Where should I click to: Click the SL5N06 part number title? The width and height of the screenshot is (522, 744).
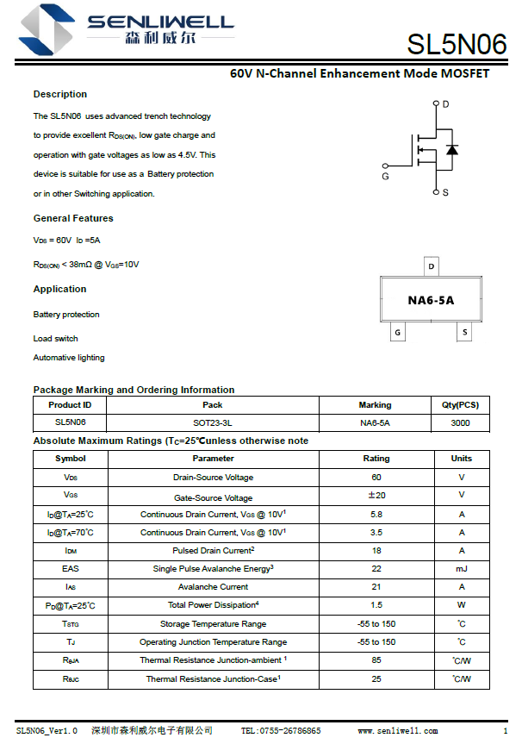click(456, 44)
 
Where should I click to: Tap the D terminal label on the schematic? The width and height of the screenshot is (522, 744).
click(445, 104)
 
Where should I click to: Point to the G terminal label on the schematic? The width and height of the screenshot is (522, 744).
click(385, 176)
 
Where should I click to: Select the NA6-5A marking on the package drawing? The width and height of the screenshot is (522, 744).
click(431, 300)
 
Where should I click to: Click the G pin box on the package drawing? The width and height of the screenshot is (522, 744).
click(397, 332)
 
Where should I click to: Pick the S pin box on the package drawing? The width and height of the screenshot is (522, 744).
click(465, 332)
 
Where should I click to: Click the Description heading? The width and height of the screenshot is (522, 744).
click(60, 94)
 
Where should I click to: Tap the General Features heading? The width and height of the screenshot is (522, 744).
click(73, 218)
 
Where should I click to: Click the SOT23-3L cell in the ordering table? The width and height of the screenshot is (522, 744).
click(212, 422)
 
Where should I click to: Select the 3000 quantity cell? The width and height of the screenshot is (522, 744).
click(460, 422)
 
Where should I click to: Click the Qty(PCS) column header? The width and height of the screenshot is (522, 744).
click(460, 404)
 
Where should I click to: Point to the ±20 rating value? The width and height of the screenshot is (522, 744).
click(376, 496)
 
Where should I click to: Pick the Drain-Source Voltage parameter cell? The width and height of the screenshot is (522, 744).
click(213, 478)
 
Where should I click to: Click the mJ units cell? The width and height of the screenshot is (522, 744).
click(461, 569)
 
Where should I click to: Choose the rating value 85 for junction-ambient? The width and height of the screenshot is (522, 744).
click(376, 660)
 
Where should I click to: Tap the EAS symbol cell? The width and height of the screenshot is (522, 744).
click(71, 569)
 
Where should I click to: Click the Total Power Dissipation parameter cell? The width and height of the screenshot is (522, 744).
click(213, 605)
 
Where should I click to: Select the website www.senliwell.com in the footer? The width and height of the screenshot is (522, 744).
click(398, 731)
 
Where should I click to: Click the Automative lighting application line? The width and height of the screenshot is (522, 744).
click(69, 358)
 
